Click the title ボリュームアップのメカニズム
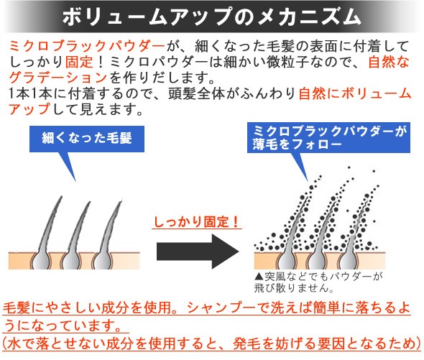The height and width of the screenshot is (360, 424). point(211,17)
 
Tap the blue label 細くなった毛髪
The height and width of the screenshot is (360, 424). point(87,139)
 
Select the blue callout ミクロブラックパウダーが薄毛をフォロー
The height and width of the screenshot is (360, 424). point(328,138)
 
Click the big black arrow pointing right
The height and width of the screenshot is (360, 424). point(198,251)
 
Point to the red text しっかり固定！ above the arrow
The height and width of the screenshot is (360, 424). point(196,222)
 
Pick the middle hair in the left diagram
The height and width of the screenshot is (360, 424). point(75,235)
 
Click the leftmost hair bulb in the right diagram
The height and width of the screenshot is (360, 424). point(286,260)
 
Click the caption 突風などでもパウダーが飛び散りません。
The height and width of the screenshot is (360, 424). point(318,282)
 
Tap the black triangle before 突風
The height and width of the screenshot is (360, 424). point(259,277)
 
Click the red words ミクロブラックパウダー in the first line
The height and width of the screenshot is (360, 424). point(87,46)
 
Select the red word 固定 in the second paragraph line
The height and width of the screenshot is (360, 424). point(79,62)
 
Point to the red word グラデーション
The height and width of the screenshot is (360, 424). point(58,78)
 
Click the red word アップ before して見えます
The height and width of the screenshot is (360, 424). point(29,109)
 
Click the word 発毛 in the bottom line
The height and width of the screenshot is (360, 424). point(247,343)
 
